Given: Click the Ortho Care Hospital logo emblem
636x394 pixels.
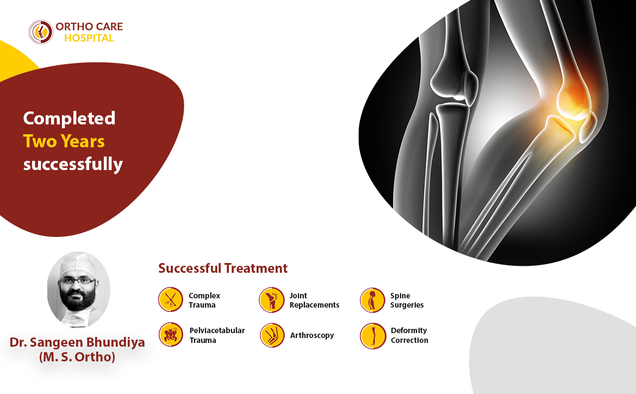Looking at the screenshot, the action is pyautogui.click(x=41, y=32).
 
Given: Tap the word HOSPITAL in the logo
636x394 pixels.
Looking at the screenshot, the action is pyautogui.click(x=89, y=38).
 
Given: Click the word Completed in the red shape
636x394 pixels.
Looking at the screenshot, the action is pyautogui.click(x=70, y=118).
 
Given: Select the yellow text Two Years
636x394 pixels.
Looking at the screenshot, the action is pyautogui.click(x=64, y=141).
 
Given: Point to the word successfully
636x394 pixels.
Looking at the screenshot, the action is pyautogui.click(x=73, y=165).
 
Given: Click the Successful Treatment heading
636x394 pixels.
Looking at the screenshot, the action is pyautogui.click(x=223, y=268).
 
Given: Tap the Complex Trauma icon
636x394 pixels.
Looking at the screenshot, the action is pyautogui.click(x=170, y=300).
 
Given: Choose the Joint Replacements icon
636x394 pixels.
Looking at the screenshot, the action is pyautogui.click(x=271, y=300).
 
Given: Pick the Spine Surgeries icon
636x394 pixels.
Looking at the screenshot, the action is pyautogui.click(x=372, y=300).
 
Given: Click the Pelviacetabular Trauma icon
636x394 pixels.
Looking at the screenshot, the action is pyautogui.click(x=171, y=335).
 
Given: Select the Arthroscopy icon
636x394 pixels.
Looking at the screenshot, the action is pyautogui.click(x=272, y=335).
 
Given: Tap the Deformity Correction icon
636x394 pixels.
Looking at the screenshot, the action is pyautogui.click(x=372, y=336).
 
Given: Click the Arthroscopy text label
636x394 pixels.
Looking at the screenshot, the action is pyautogui.click(x=312, y=335).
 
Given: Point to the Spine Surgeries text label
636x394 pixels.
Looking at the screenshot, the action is pyautogui.click(x=407, y=301).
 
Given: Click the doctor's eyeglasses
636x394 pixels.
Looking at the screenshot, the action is pyautogui.click(x=77, y=281).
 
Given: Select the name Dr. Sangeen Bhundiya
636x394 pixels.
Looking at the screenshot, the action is pyautogui.click(x=77, y=342).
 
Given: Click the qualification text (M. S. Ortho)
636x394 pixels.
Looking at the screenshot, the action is pyautogui.click(x=77, y=357).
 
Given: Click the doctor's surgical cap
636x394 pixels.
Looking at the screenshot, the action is pyautogui.click(x=78, y=264).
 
